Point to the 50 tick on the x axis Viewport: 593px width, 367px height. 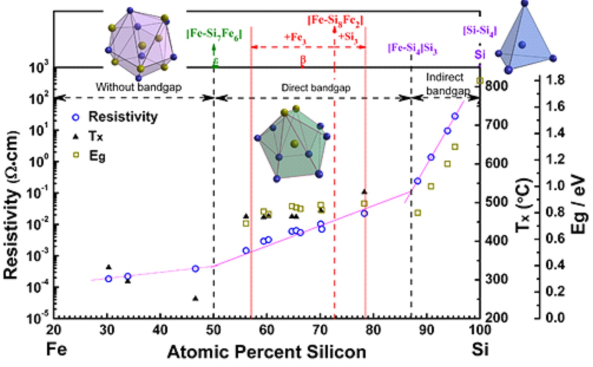tap(213, 330)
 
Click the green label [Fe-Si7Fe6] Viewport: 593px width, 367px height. tap(214, 34)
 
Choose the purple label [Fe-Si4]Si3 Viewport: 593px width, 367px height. tap(412, 48)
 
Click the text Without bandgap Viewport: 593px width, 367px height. tap(139, 87)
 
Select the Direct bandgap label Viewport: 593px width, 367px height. tap(316, 88)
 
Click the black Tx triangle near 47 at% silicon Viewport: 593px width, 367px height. tap(195, 298)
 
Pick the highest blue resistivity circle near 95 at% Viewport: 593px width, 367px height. tap(455, 117)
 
